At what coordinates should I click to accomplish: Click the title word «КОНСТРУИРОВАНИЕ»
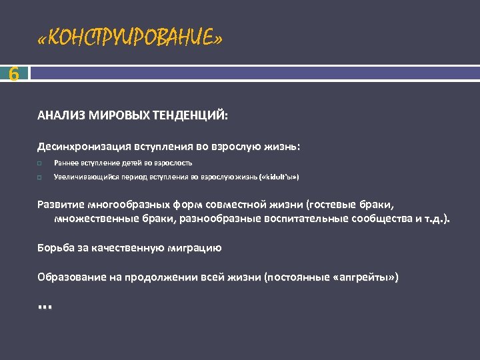[x=130, y=39]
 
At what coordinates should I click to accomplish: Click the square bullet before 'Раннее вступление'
[x=40, y=163]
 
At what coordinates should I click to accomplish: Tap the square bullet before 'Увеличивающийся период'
[x=40, y=178]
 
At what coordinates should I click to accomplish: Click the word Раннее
[x=65, y=163]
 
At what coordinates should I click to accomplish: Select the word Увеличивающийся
[x=83, y=178]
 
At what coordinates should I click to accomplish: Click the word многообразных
[x=127, y=204]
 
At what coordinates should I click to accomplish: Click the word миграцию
[x=193, y=247]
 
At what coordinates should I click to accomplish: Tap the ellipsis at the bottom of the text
[x=45, y=306]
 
